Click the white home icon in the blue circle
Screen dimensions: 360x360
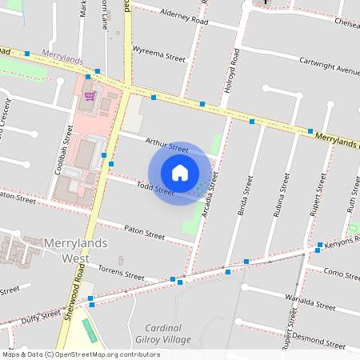(x=180, y=172)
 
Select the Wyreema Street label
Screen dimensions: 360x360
(x=159, y=56)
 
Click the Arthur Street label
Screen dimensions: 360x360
(x=166, y=145)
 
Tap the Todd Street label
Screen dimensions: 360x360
(x=154, y=190)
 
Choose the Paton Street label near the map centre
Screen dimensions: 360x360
(x=144, y=232)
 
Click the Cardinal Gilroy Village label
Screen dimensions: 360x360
(x=168, y=334)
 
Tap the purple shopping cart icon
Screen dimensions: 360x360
(x=90, y=96)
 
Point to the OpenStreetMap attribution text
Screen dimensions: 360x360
(x=81, y=354)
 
